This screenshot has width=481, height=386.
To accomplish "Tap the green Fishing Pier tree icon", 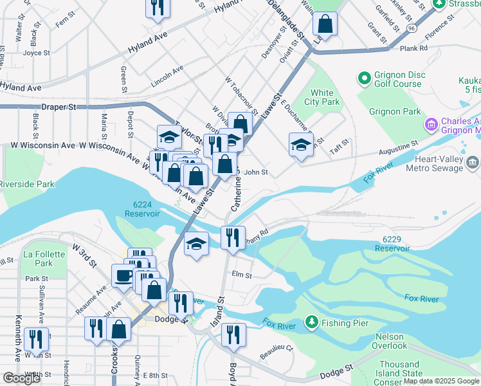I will (x=311, y=320).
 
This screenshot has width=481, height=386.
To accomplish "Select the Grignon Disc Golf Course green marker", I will (x=365, y=78).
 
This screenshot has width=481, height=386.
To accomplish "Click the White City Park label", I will (x=322, y=97).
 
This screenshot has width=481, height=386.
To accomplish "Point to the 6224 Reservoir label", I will (x=142, y=208).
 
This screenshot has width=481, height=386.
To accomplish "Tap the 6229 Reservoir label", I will (x=392, y=243).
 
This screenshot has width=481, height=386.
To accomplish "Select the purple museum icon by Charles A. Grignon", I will (x=430, y=123).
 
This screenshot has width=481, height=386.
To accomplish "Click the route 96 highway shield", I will (x=412, y=29).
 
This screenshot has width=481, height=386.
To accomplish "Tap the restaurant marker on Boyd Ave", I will (x=233, y=334).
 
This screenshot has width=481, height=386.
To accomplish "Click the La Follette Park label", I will (x=44, y=259).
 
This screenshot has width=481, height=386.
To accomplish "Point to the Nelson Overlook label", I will (x=389, y=341).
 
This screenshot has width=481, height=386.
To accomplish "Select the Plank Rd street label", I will (x=413, y=48).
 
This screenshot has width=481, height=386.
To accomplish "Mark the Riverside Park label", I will (x=27, y=184).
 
